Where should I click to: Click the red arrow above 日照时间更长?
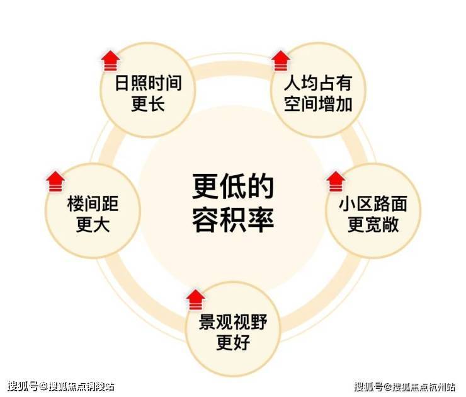(111, 61)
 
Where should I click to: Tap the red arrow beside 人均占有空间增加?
(280, 61)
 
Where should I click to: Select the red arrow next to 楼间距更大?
(55, 181)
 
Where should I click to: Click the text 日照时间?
(148, 83)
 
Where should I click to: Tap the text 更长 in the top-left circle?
(148, 104)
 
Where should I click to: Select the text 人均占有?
(317, 83)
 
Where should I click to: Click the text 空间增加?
(317, 104)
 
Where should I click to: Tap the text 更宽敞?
(373, 225)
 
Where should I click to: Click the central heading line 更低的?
(233, 186)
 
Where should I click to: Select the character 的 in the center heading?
(261, 186)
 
